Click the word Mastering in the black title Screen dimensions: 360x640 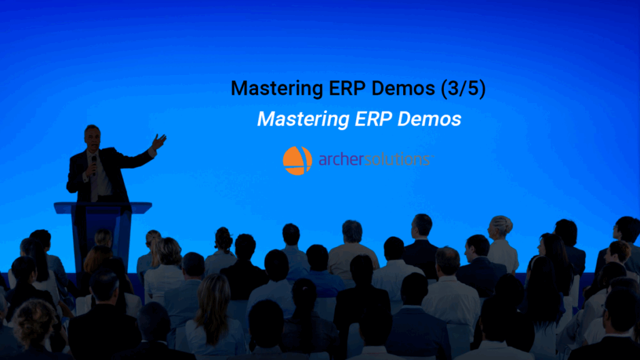[x=271, y=89]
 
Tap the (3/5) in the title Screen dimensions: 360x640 [x=462, y=89]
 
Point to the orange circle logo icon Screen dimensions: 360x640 [x=297, y=160]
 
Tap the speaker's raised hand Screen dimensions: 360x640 [x=159, y=141]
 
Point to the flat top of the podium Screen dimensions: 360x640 [x=102, y=206]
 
